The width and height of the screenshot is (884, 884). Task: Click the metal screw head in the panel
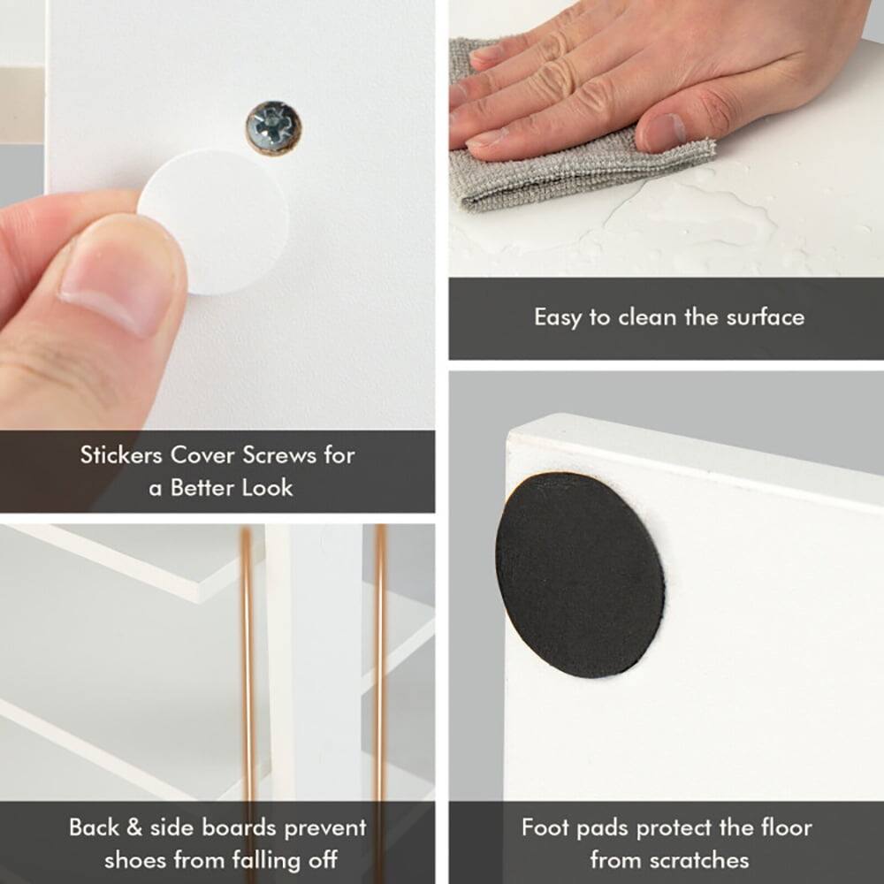point(274,127)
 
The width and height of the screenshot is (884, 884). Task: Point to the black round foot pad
point(579,575)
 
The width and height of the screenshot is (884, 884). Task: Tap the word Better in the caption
point(202,488)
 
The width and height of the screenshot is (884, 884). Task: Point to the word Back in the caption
point(95,828)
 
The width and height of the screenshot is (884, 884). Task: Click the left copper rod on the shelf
point(248,672)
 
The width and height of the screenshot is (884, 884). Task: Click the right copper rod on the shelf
point(379,672)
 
